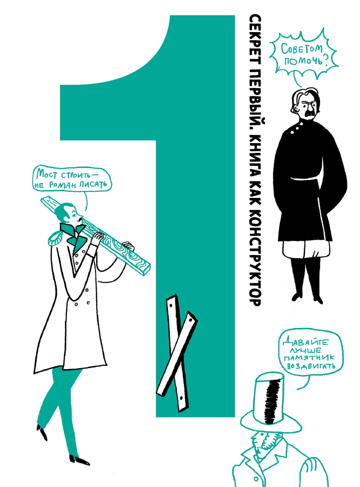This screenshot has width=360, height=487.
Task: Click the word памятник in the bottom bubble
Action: click(x=310, y=358)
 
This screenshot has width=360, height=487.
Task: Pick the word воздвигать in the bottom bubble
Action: click(x=311, y=366)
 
